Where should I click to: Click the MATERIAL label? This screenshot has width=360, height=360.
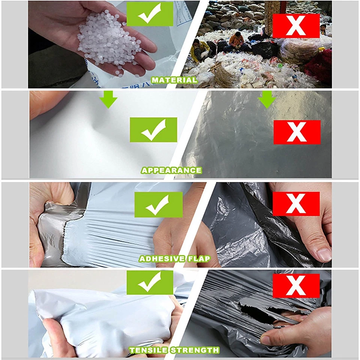(174, 80)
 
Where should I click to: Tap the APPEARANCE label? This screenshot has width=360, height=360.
(171, 170)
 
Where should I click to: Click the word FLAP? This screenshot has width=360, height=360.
(198, 259)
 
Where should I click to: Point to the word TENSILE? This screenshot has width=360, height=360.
(148, 350)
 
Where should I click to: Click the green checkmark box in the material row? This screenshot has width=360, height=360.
(150, 13)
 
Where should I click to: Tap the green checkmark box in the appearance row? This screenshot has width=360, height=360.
(153, 130)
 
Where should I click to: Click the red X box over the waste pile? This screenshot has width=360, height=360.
(296, 26)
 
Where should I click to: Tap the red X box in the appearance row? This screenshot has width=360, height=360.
(297, 132)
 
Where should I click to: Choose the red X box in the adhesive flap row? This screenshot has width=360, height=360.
(296, 204)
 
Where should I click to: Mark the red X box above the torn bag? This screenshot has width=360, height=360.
(296, 285)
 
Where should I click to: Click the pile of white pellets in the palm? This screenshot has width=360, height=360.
(109, 41)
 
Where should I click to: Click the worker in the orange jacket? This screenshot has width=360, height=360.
(236, 39)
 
